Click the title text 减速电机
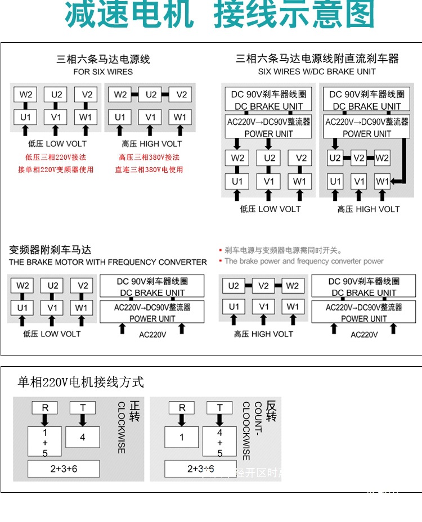coord(129,15)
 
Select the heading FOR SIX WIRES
coord(103,71)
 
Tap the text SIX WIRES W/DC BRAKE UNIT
coord(317,71)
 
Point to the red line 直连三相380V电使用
coord(149,169)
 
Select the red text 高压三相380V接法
coord(149,157)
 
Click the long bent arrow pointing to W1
coord(403,163)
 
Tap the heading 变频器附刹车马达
coord(50,250)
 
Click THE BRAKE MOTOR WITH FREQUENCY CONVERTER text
coord(108,262)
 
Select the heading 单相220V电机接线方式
coord(81,382)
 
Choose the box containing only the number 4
coord(83,436)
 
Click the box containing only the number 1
coord(182,436)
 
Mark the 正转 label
coord(135,411)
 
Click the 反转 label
coord(271,411)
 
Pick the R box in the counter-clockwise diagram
coord(182,408)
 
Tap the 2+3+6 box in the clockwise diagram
coord(64,469)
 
